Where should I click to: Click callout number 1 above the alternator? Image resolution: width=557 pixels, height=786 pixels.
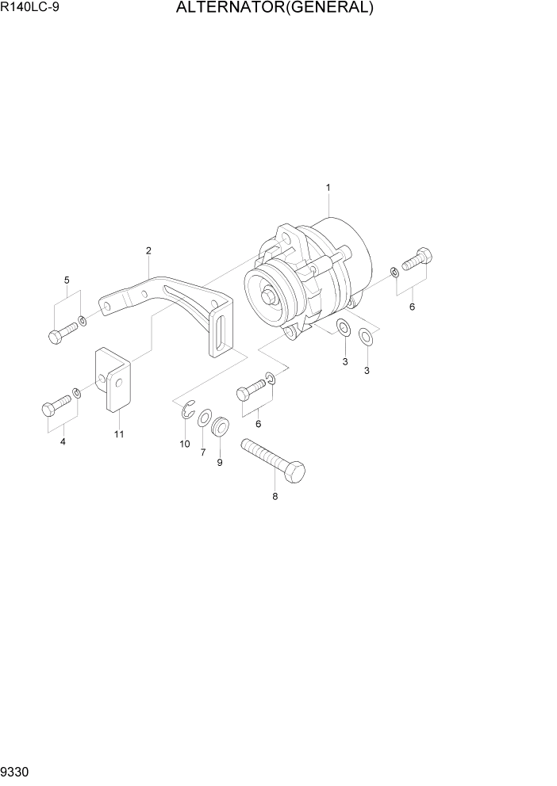pos(328,187)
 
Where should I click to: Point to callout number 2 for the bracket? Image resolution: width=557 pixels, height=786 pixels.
pos(148,251)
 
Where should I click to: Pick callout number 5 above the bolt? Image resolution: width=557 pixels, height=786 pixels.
pos(67,280)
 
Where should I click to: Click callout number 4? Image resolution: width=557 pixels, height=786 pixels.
pos(63,441)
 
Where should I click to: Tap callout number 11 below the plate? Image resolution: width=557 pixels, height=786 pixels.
pos(119,434)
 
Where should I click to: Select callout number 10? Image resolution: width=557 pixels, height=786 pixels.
pos(185,444)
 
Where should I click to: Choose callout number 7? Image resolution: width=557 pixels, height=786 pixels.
pos(203,452)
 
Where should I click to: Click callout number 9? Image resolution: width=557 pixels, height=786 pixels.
pos(220,461)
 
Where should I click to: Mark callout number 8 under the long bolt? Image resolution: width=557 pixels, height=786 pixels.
pos(275,498)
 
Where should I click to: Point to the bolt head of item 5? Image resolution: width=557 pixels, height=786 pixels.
pos(54,336)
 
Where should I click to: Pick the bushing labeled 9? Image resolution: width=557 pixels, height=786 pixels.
pos(221,427)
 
